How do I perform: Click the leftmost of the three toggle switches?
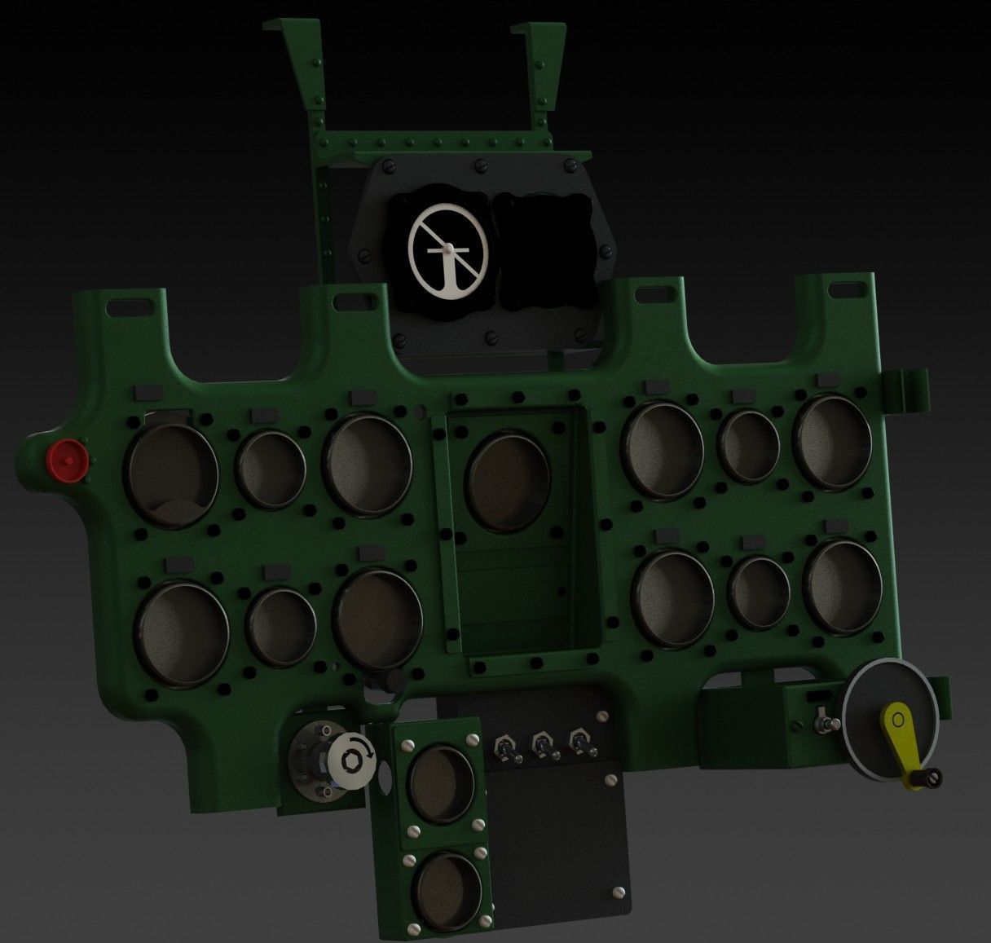(505, 747)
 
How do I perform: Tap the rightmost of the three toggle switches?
(579, 744)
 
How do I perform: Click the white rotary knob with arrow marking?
(350, 759)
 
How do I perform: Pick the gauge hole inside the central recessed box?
(508, 479)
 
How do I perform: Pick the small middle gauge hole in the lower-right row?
(759, 593)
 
